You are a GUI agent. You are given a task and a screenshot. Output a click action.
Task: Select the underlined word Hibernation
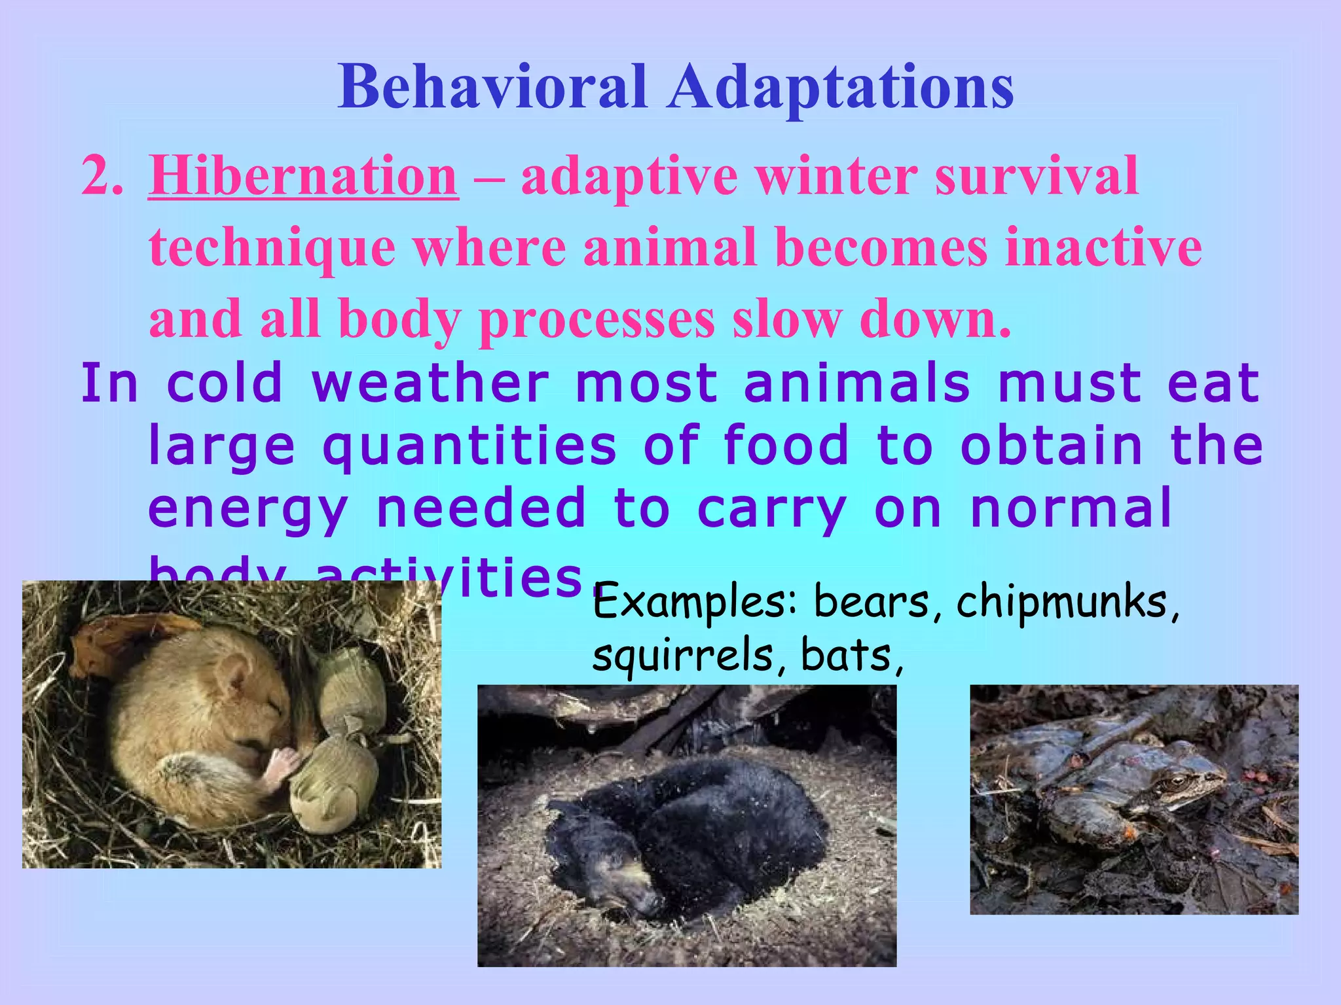(303, 177)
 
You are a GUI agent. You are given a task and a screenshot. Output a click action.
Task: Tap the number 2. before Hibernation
(102, 177)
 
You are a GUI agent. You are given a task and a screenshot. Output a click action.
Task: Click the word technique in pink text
(272, 249)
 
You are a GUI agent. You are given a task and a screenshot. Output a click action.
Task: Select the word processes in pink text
(597, 321)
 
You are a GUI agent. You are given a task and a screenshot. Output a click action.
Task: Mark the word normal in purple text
(1070, 509)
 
